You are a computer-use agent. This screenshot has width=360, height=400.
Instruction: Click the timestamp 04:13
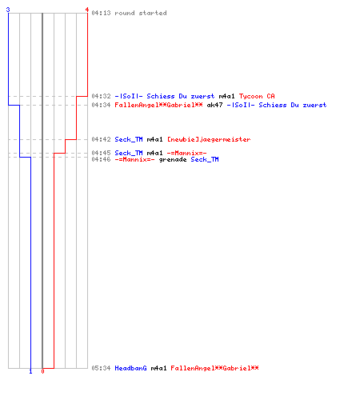pyautogui.click(x=101, y=13)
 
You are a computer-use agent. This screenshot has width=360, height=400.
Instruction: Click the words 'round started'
pyautogui.click(x=141, y=13)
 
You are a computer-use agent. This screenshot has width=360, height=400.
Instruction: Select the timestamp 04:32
pyautogui.click(x=101, y=96)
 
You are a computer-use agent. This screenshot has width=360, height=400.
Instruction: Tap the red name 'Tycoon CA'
pyautogui.click(x=257, y=96)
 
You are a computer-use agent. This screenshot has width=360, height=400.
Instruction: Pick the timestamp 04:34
pyautogui.click(x=101, y=105)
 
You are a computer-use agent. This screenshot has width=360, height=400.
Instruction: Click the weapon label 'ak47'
pyautogui.click(x=214, y=105)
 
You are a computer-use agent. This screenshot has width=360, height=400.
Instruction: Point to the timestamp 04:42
pyautogui.click(x=101, y=139)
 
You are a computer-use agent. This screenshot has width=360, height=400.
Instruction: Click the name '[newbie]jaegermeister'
pyautogui.click(x=209, y=139)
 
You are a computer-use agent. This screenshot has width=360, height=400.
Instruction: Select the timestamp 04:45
pyautogui.click(x=101, y=153)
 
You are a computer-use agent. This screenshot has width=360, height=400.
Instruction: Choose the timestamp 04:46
pyautogui.click(x=101, y=159)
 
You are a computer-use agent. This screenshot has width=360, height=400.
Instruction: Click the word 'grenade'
pyautogui.click(x=173, y=160)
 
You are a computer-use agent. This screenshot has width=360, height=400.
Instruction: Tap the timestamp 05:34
pyautogui.click(x=101, y=368)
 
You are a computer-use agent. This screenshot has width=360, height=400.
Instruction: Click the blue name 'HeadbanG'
pyautogui.click(x=130, y=368)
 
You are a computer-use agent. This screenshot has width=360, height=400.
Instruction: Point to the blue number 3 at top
pyautogui.click(x=8, y=10)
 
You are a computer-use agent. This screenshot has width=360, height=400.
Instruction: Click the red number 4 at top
pyautogui.click(x=87, y=10)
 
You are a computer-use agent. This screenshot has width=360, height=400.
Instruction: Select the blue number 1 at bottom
pyautogui.click(x=30, y=371)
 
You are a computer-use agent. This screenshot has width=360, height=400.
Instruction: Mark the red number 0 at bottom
pyautogui.click(x=42, y=371)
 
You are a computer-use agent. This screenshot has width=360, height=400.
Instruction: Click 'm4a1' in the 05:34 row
pyautogui.click(x=158, y=368)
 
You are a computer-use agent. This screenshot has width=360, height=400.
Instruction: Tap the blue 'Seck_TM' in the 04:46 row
pyautogui.click(x=205, y=159)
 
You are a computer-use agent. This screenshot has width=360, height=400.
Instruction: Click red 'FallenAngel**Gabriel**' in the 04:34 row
pyautogui.click(x=158, y=105)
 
